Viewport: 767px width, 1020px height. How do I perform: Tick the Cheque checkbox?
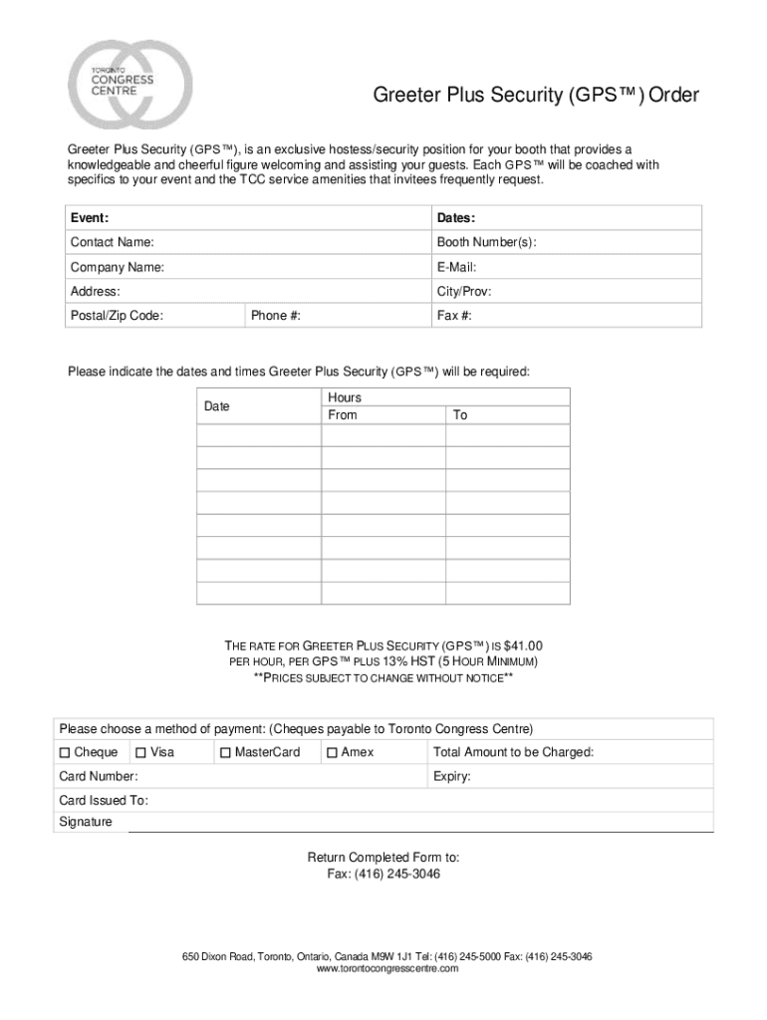click(66, 752)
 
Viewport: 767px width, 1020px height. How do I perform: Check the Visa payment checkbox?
click(140, 752)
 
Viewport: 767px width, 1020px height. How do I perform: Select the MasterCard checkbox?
click(226, 752)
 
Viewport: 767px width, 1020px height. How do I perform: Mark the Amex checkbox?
click(332, 752)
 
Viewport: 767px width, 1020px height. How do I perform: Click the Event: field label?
click(89, 217)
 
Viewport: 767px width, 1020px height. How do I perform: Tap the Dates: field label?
click(455, 217)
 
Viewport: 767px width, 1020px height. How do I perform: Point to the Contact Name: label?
click(112, 242)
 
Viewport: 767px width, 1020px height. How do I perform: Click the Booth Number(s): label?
click(486, 242)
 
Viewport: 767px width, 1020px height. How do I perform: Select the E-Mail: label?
click(456, 267)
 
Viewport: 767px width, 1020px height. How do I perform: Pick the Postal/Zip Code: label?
click(117, 316)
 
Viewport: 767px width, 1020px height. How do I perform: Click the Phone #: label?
click(276, 316)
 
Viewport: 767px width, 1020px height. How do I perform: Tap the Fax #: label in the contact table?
click(454, 316)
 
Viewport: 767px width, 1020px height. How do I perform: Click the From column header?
click(342, 414)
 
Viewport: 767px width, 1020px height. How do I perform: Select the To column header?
click(460, 414)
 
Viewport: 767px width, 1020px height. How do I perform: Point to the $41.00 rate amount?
click(523, 645)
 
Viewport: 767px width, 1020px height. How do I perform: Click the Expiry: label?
click(452, 776)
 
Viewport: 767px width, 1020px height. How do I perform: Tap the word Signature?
click(86, 822)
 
